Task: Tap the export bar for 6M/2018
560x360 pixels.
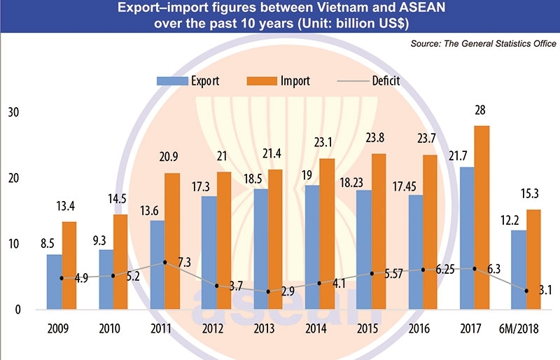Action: pyautogui.click(x=519, y=270)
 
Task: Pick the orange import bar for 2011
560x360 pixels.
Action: pyautogui.click(x=172, y=241)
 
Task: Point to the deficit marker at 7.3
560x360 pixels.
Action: pyautogui.click(x=164, y=263)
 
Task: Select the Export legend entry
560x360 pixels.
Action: pyautogui.click(x=188, y=81)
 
